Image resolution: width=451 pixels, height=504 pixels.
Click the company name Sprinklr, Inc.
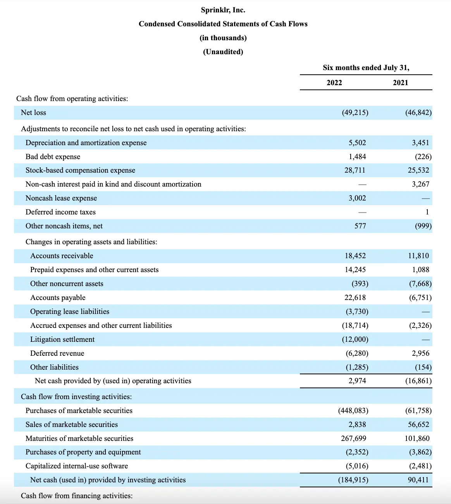(x=223, y=10)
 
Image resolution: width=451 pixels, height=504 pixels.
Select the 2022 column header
(x=334, y=83)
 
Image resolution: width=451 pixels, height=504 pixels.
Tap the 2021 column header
(x=400, y=83)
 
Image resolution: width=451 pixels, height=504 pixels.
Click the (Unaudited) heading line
(x=223, y=52)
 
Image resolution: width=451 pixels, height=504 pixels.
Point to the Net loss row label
(x=33, y=113)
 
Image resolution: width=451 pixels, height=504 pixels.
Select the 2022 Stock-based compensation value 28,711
(x=355, y=170)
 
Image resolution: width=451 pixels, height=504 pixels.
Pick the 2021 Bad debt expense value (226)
(x=423, y=157)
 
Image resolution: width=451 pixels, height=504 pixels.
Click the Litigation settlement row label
(x=62, y=339)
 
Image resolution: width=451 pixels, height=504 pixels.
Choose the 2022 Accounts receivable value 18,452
(x=355, y=256)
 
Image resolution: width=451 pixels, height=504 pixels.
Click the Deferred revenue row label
(x=57, y=353)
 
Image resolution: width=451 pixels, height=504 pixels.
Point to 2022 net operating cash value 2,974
(x=357, y=381)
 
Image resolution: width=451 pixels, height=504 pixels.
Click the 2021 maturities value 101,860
(x=417, y=439)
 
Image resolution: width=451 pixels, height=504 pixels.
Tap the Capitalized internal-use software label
(x=77, y=466)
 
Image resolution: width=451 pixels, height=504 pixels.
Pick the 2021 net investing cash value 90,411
(x=418, y=480)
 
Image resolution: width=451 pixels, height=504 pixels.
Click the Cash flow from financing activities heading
(x=77, y=496)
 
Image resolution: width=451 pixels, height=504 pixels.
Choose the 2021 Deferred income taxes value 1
(x=427, y=212)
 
